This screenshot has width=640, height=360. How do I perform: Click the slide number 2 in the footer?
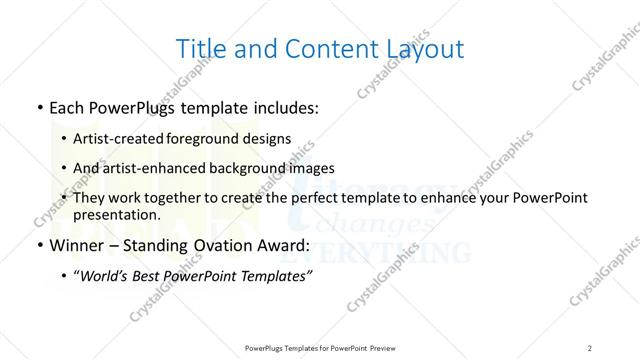tap(590, 347)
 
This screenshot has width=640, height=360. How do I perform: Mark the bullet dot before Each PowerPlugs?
tap(37, 107)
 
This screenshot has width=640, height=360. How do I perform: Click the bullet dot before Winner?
tap(37, 244)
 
